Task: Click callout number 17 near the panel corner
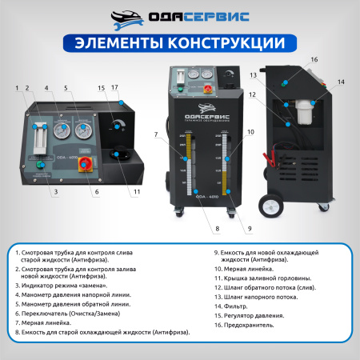click(115, 87)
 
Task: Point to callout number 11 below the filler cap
click(137, 191)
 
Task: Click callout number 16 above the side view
click(314, 59)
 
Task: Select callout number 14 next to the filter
click(340, 82)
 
